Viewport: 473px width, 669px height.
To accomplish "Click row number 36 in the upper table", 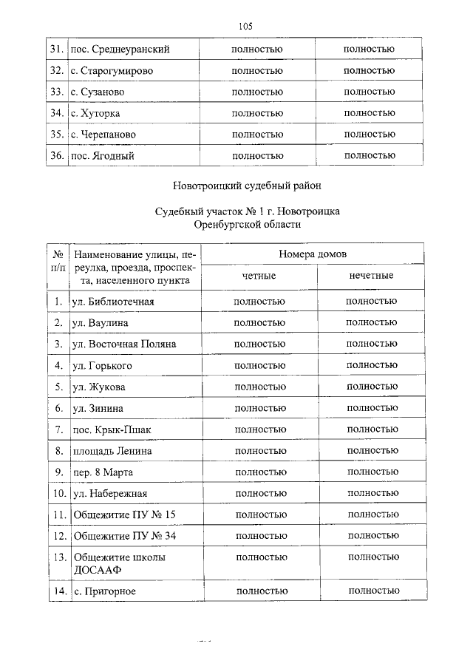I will pyautogui.click(x=55, y=156).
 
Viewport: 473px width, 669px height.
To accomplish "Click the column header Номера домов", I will pyautogui.click(x=313, y=254).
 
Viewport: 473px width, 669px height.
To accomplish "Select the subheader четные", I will pyautogui.click(x=259, y=276).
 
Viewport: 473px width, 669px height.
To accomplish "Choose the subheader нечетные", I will pyautogui.click(x=371, y=276).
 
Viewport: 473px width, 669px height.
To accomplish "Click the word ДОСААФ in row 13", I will pyautogui.click(x=97, y=571).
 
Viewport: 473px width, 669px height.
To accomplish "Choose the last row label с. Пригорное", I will pyautogui.click(x=105, y=592).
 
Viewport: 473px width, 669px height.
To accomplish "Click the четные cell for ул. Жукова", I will pyautogui.click(x=260, y=387).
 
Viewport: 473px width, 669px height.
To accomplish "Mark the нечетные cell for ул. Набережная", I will pyautogui.click(x=372, y=493).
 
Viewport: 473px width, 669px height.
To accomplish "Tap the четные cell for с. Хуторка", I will pyautogui.click(x=257, y=113).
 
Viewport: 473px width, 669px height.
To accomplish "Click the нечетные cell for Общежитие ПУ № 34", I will pyautogui.click(x=372, y=536).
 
